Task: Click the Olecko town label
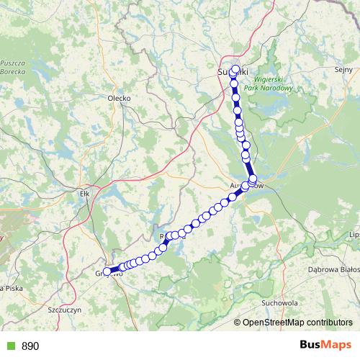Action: tap(118, 98)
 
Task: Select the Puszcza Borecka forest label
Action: tap(14, 68)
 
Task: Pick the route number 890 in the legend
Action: tap(30, 346)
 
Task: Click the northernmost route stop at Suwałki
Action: tap(235, 69)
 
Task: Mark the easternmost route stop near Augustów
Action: tap(253, 179)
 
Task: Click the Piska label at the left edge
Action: tap(9, 288)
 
